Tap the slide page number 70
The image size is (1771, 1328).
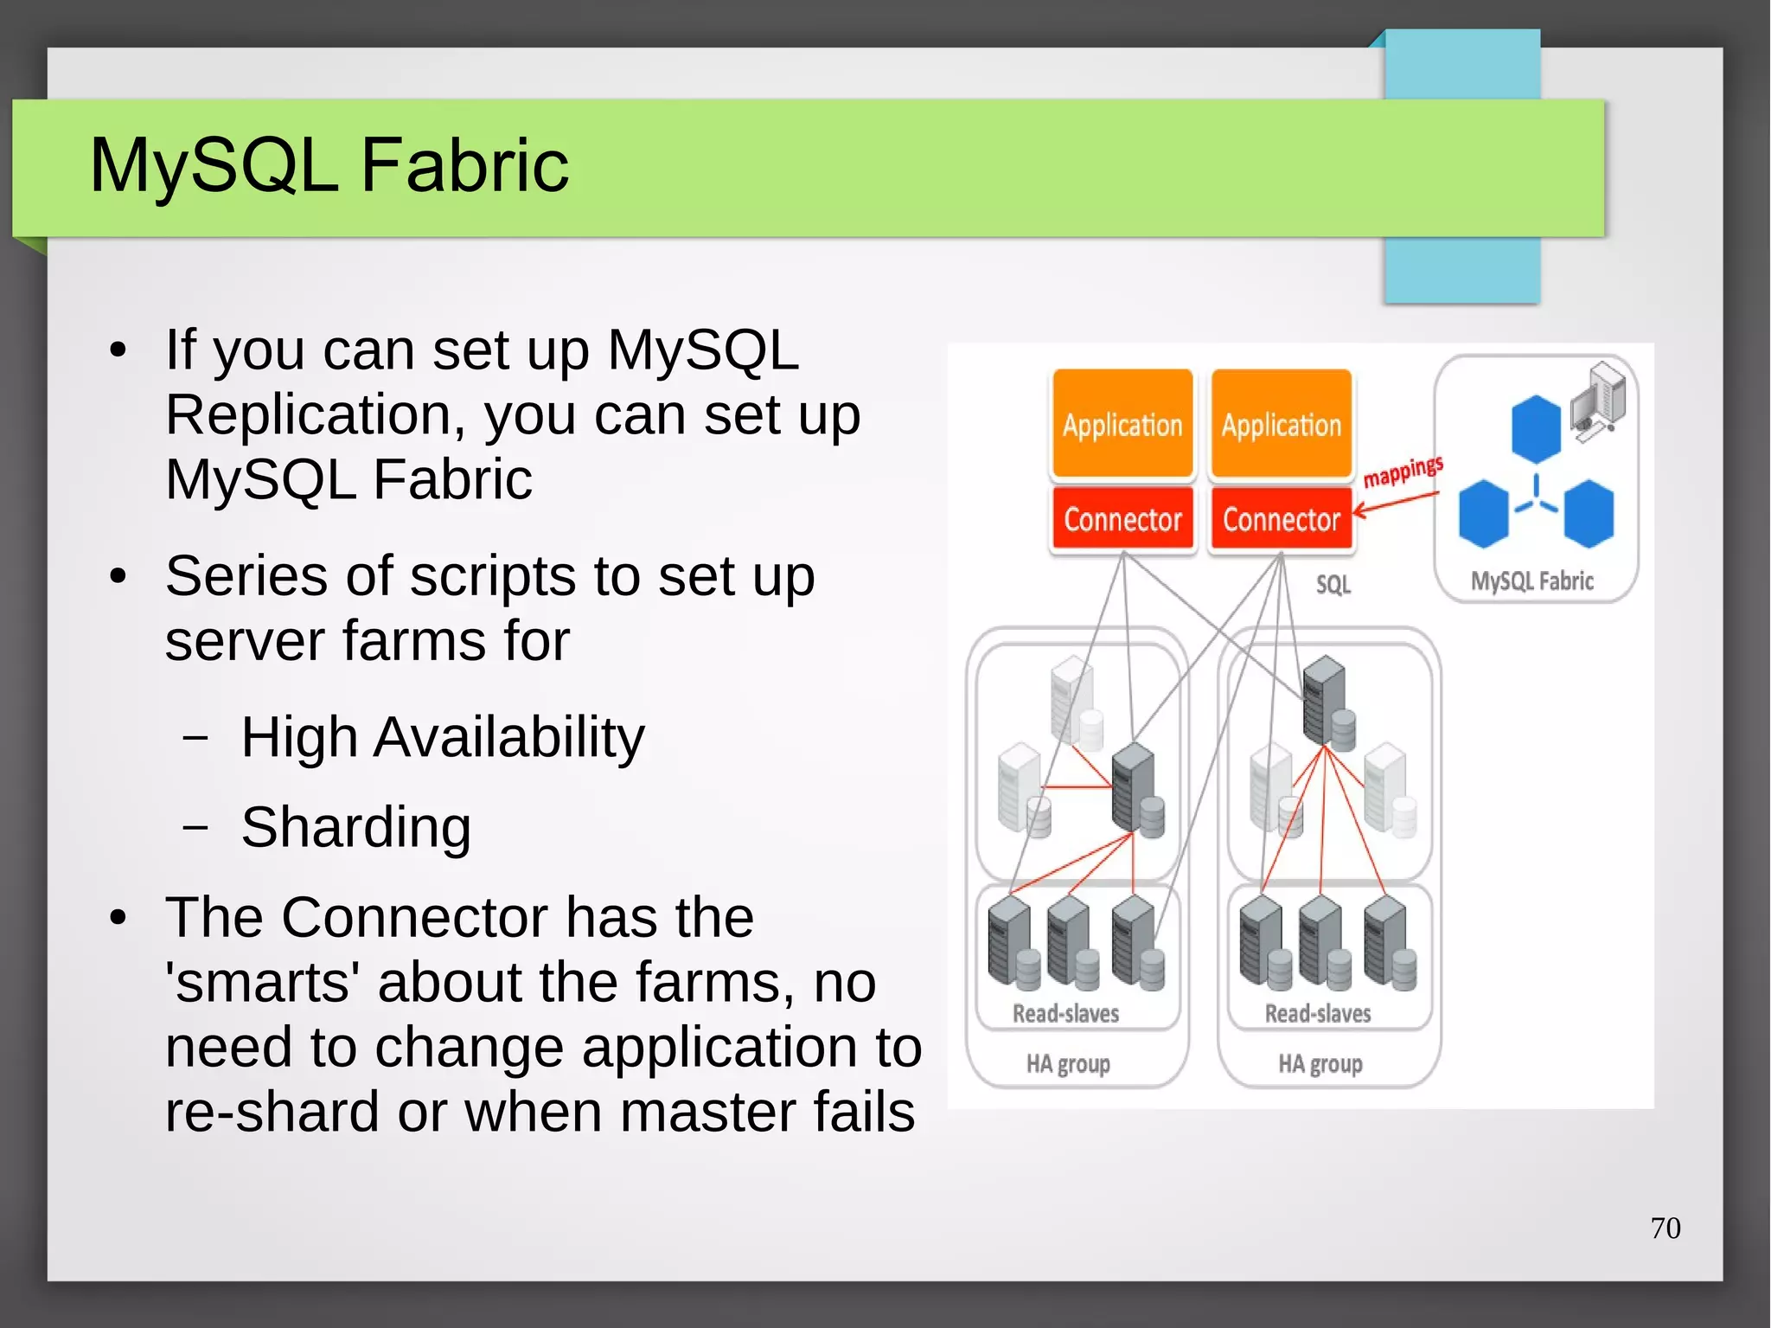coord(1665,1228)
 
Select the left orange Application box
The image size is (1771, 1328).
coord(1122,424)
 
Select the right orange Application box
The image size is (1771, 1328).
coord(1281,424)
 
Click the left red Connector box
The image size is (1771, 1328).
coord(1122,519)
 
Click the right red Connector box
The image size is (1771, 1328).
coord(1281,519)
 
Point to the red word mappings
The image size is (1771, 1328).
coord(1403,472)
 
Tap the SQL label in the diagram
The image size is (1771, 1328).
coord(1333,585)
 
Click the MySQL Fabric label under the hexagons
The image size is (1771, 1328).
coord(1531,581)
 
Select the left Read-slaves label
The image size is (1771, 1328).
coord(1065,1013)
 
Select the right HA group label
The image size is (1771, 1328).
coord(1320,1063)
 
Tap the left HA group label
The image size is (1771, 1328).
coord(1068,1063)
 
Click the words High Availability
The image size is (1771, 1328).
coord(442,737)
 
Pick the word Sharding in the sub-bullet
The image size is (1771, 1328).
coord(355,827)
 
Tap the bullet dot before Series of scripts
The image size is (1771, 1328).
coord(118,576)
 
